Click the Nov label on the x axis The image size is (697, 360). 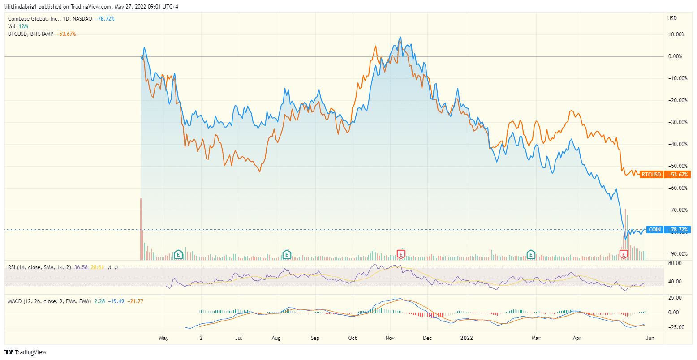click(x=390, y=338)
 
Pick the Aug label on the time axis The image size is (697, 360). click(x=276, y=338)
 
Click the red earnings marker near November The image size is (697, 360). click(x=401, y=254)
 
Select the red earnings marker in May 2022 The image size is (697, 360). click(x=623, y=254)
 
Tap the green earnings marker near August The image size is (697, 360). click(x=286, y=254)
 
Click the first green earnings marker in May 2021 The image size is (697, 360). click(x=178, y=254)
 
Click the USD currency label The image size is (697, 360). click(x=672, y=18)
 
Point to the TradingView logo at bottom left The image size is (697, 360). click(x=26, y=352)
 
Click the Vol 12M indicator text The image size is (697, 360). click(x=18, y=26)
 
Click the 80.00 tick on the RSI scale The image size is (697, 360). click(x=675, y=263)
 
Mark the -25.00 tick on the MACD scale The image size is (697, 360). click(x=674, y=327)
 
